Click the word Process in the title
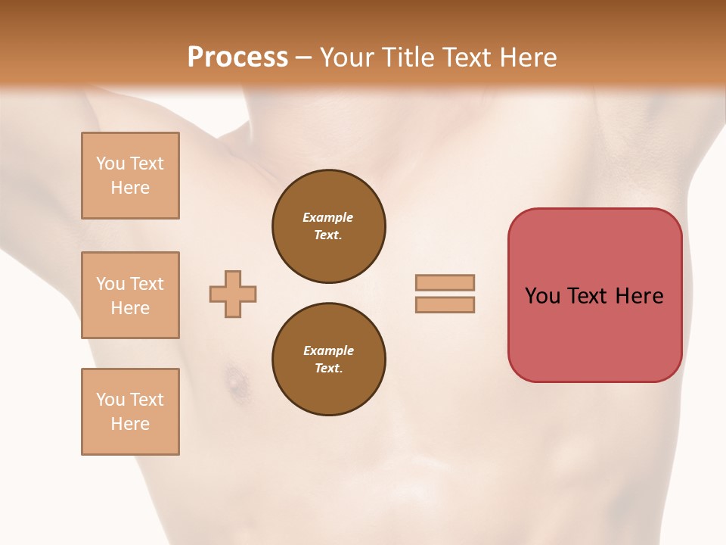click(237, 58)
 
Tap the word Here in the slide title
click(527, 58)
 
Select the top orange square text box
click(130, 176)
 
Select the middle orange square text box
click(130, 295)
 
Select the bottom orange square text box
click(130, 412)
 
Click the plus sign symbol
click(233, 294)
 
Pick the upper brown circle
click(329, 226)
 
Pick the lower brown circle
click(329, 359)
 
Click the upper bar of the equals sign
click(445, 282)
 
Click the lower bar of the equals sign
click(445, 305)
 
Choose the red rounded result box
click(594, 295)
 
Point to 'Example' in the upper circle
click(328, 217)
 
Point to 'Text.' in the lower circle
click(328, 368)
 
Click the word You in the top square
click(110, 163)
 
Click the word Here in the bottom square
click(130, 424)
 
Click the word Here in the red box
click(639, 296)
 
